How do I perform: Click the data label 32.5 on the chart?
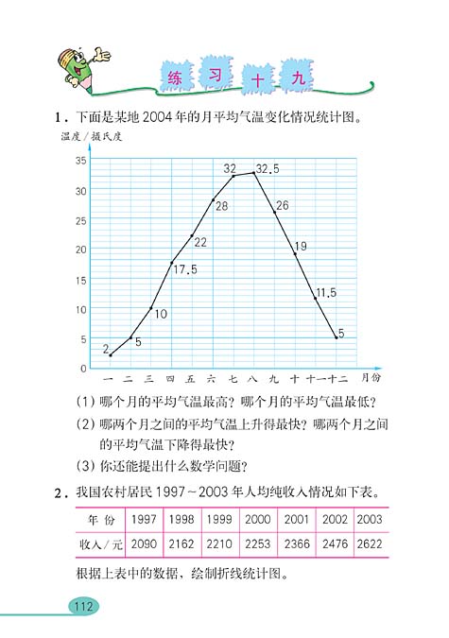[x=268, y=169]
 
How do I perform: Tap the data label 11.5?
[x=325, y=292]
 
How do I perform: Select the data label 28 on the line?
[x=221, y=205]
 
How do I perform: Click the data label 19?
[x=301, y=247]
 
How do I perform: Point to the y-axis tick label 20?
[x=81, y=250]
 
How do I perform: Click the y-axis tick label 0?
[x=84, y=368]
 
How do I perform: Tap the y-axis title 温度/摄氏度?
[x=92, y=138]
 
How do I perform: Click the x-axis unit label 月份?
[x=371, y=375]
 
